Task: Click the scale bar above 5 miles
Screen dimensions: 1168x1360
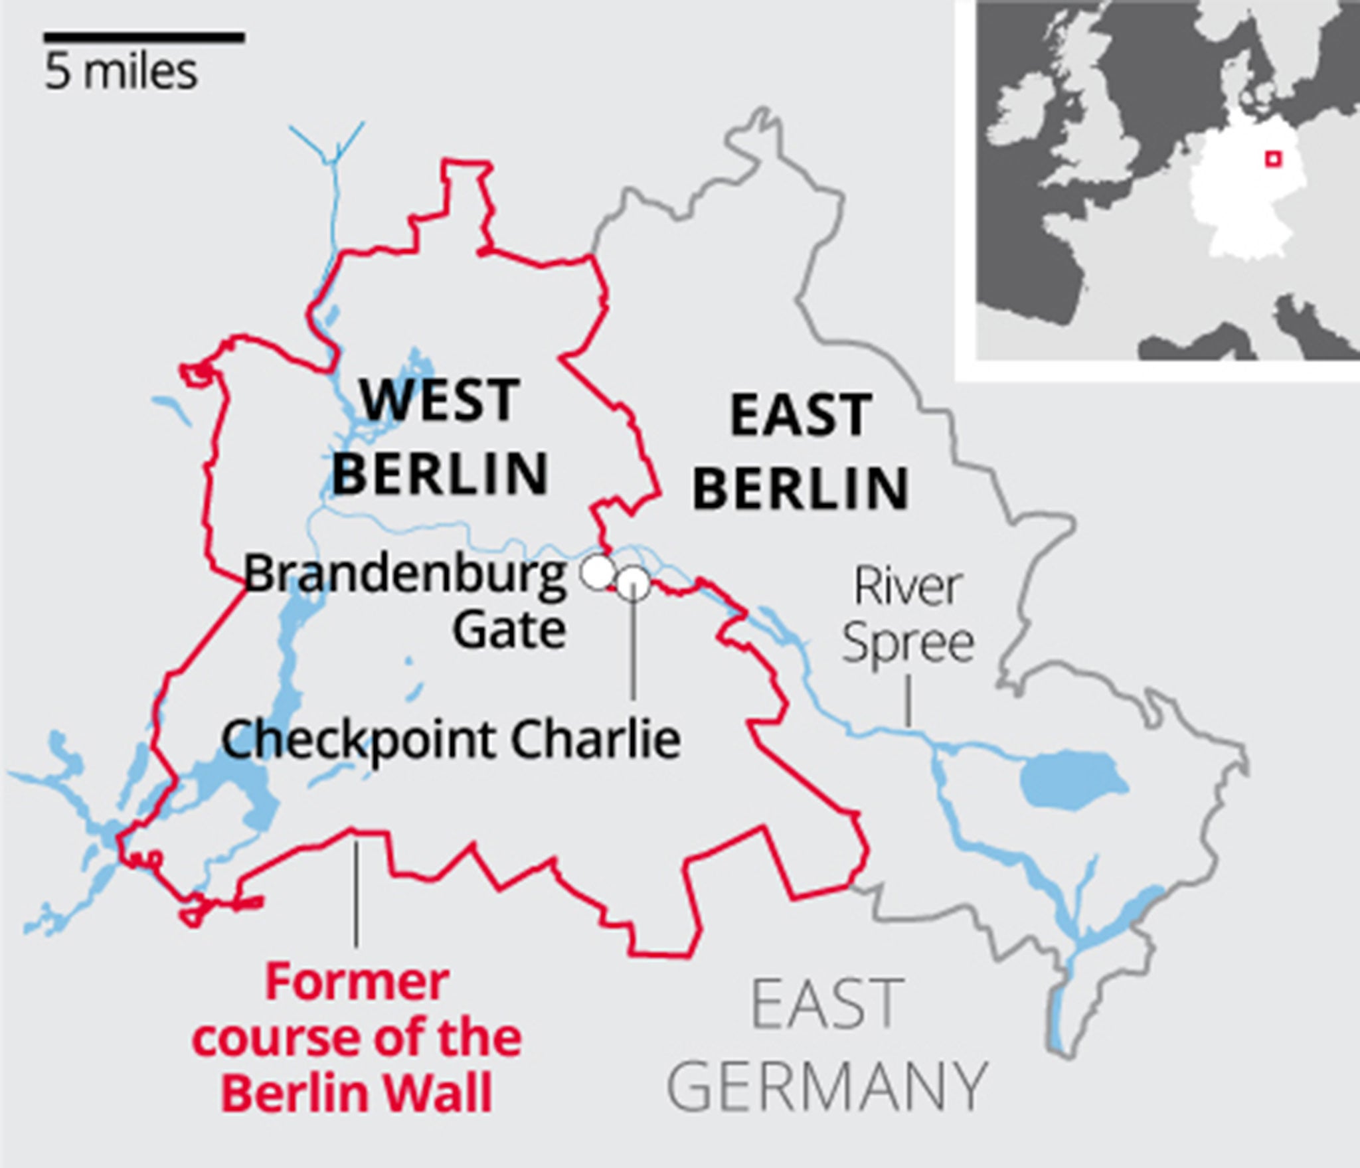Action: (144, 38)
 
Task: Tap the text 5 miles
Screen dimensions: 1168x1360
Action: (122, 72)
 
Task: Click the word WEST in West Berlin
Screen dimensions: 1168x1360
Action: (439, 400)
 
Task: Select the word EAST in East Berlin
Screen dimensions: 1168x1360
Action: (801, 416)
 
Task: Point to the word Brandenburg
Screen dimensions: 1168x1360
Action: (405, 574)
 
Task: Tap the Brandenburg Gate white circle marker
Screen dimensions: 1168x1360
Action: (597, 572)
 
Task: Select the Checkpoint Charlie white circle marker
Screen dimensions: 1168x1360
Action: (634, 584)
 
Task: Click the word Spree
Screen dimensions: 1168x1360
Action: (908, 644)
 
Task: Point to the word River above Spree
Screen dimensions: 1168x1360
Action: (908, 586)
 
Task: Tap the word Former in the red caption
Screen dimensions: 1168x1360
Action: (357, 983)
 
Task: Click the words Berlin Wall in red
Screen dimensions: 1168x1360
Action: (357, 1092)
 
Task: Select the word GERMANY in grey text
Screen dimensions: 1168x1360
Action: (827, 1086)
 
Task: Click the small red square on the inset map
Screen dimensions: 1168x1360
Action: (1272, 159)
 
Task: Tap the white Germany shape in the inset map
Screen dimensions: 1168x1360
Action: (1235, 199)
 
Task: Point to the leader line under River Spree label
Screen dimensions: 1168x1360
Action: (908, 701)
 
